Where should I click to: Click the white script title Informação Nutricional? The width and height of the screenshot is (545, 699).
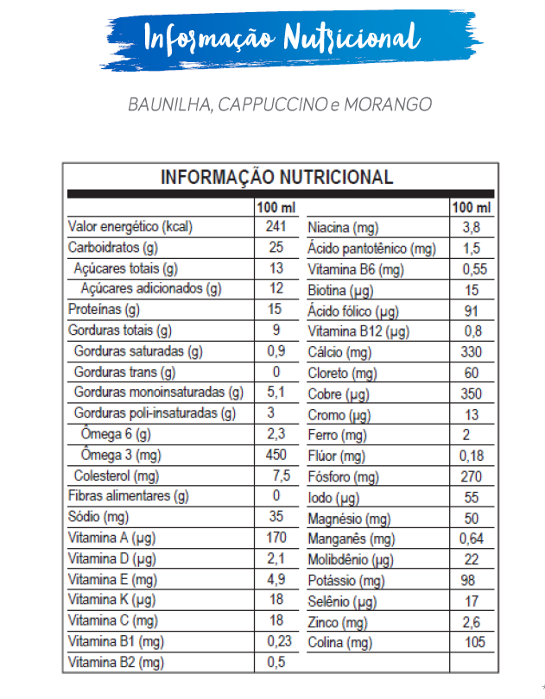282,38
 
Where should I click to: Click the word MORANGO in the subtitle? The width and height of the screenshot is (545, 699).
388,104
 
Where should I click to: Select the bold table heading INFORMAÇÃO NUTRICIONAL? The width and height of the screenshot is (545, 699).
277,178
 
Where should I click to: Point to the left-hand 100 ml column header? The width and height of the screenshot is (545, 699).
276,208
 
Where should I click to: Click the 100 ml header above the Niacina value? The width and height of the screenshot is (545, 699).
471,208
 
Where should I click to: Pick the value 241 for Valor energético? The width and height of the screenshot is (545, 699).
276,227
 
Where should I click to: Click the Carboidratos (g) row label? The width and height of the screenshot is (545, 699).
113,248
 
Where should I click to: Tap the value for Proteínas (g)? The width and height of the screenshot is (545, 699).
276,309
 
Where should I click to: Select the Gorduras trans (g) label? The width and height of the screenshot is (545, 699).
124,372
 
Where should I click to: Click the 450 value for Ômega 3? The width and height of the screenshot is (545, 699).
276,455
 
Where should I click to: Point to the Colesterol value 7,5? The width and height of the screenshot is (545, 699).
281,475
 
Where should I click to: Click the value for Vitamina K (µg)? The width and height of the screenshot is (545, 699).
276,600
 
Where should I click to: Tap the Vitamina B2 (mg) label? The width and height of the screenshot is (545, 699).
116,662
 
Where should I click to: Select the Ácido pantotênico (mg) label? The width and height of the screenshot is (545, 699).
371,249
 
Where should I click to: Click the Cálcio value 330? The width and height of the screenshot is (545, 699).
471,351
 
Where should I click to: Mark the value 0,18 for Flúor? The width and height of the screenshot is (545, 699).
472,455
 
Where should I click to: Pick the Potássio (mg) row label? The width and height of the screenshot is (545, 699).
346,581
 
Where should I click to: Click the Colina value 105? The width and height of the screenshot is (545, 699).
474,642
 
